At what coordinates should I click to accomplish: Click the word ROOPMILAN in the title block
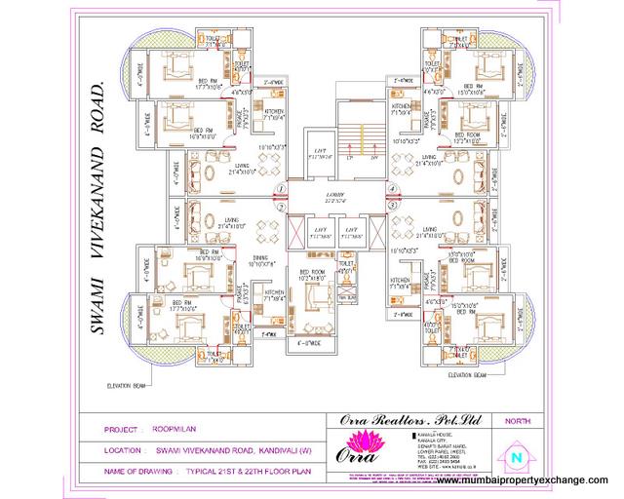tap(175, 429)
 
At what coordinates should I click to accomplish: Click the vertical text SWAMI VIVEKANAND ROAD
tap(97, 211)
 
